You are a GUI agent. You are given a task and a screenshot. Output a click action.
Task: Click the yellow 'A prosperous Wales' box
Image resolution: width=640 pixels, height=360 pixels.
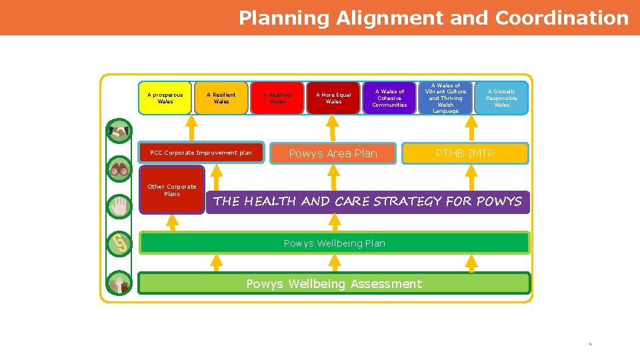click(x=165, y=98)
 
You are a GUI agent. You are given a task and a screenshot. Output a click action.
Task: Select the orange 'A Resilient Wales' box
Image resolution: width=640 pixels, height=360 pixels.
click(x=221, y=98)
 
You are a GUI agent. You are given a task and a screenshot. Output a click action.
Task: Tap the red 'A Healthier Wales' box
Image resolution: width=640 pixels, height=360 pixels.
click(x=277, y=98)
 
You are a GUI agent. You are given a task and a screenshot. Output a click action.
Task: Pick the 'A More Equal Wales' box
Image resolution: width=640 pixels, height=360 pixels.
click(x=333, y=98)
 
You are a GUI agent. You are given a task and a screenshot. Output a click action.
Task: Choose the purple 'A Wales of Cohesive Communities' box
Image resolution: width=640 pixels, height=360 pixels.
click(x=389, y=98)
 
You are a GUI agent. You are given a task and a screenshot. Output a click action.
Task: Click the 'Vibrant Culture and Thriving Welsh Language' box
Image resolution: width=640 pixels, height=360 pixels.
click(x=445, y=98)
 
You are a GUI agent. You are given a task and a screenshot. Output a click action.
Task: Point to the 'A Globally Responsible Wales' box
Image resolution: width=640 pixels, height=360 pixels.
click(x=501, y=98)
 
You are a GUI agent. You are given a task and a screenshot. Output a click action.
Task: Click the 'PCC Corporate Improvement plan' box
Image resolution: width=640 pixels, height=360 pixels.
click(x=201, y=153)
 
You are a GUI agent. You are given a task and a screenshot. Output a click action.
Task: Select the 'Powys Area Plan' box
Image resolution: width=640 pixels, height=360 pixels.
click(x=333, y=153)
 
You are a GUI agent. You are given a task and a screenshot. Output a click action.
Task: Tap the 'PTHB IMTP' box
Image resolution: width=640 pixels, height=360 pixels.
click(x=465, y=153)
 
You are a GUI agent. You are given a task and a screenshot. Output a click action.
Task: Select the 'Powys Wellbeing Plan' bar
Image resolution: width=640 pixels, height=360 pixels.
click(x=334, y=243)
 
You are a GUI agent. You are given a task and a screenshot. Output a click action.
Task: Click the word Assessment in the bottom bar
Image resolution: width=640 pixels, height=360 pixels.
click(x=385, y=284)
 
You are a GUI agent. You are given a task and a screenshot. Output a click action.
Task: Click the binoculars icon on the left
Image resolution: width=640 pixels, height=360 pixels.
click(x=120, y=169)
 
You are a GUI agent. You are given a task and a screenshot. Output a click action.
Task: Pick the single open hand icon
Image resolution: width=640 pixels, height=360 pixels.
click(x=120, y=206)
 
